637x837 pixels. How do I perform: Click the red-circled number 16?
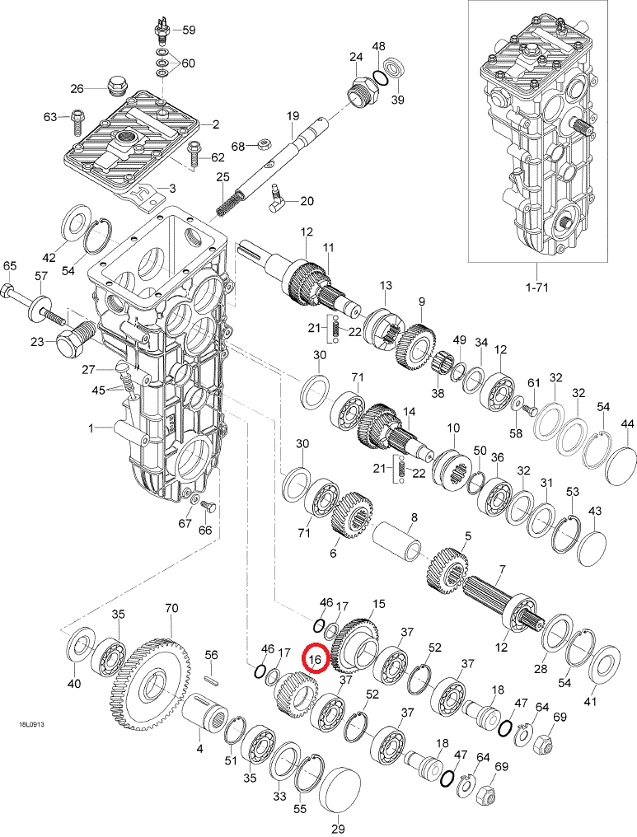pos(316,659)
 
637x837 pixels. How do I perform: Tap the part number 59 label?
pos(189,30)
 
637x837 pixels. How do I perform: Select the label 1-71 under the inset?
pos(537,288)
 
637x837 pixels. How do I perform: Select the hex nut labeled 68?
pos(264,143)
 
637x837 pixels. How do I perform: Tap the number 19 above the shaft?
pos(292,116)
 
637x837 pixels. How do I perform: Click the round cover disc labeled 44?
pos(621,466)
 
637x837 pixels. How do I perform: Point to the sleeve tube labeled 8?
pos(398,541)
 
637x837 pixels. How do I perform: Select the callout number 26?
pos(77,88)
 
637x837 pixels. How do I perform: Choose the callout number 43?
pos(595,511)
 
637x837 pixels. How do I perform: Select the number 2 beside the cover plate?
pos(216,124)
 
